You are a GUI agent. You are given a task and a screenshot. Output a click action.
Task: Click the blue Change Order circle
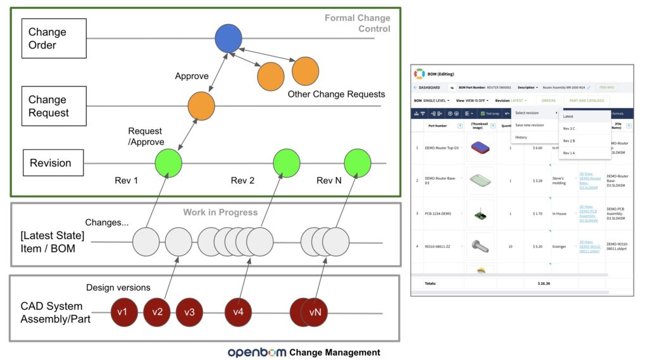(228, 39)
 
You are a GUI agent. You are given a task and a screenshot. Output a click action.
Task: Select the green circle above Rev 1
(168, 163)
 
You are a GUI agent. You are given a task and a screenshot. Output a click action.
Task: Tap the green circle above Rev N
(358, 163)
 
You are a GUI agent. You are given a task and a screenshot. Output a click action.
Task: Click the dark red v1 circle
(124, 312)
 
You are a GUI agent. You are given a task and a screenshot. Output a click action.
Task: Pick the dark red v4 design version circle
(238, 312)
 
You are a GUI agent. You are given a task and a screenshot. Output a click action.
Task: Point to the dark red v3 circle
(189, 312)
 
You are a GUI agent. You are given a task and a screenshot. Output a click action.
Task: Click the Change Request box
(53, 106)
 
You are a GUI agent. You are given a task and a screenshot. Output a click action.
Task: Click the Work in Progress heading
(220, 212)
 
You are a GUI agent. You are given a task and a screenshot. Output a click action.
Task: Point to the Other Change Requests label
(336, 94)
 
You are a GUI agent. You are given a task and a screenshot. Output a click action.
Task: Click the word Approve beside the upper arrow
(192, 76)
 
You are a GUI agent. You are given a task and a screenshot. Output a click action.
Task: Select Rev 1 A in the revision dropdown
(569, 152)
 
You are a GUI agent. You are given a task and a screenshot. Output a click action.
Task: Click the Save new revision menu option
(530, 125)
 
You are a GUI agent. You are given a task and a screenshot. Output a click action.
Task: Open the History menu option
(521, 137)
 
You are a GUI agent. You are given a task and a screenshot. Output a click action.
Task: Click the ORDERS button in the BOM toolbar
(548, 100)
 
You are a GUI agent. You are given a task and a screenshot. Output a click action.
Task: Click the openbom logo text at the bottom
(257, 352)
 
